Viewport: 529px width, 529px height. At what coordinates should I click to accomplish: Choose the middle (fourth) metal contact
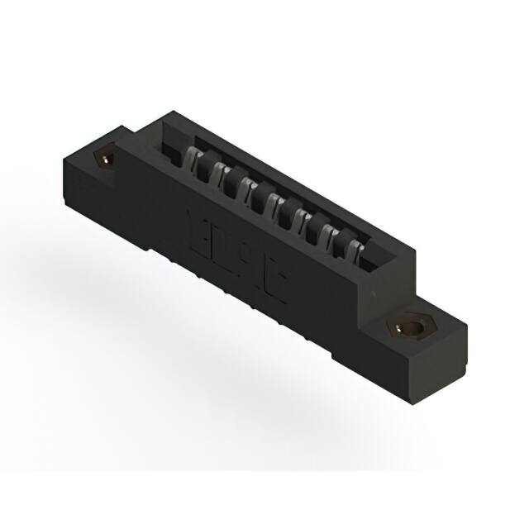pyautogui.click(x=274, y=203)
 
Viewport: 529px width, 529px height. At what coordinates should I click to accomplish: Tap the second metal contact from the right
pyautogui.click(x=331, y=235)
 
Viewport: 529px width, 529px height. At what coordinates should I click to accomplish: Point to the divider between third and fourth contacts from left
pyautogui.click(x=260, y=199)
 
